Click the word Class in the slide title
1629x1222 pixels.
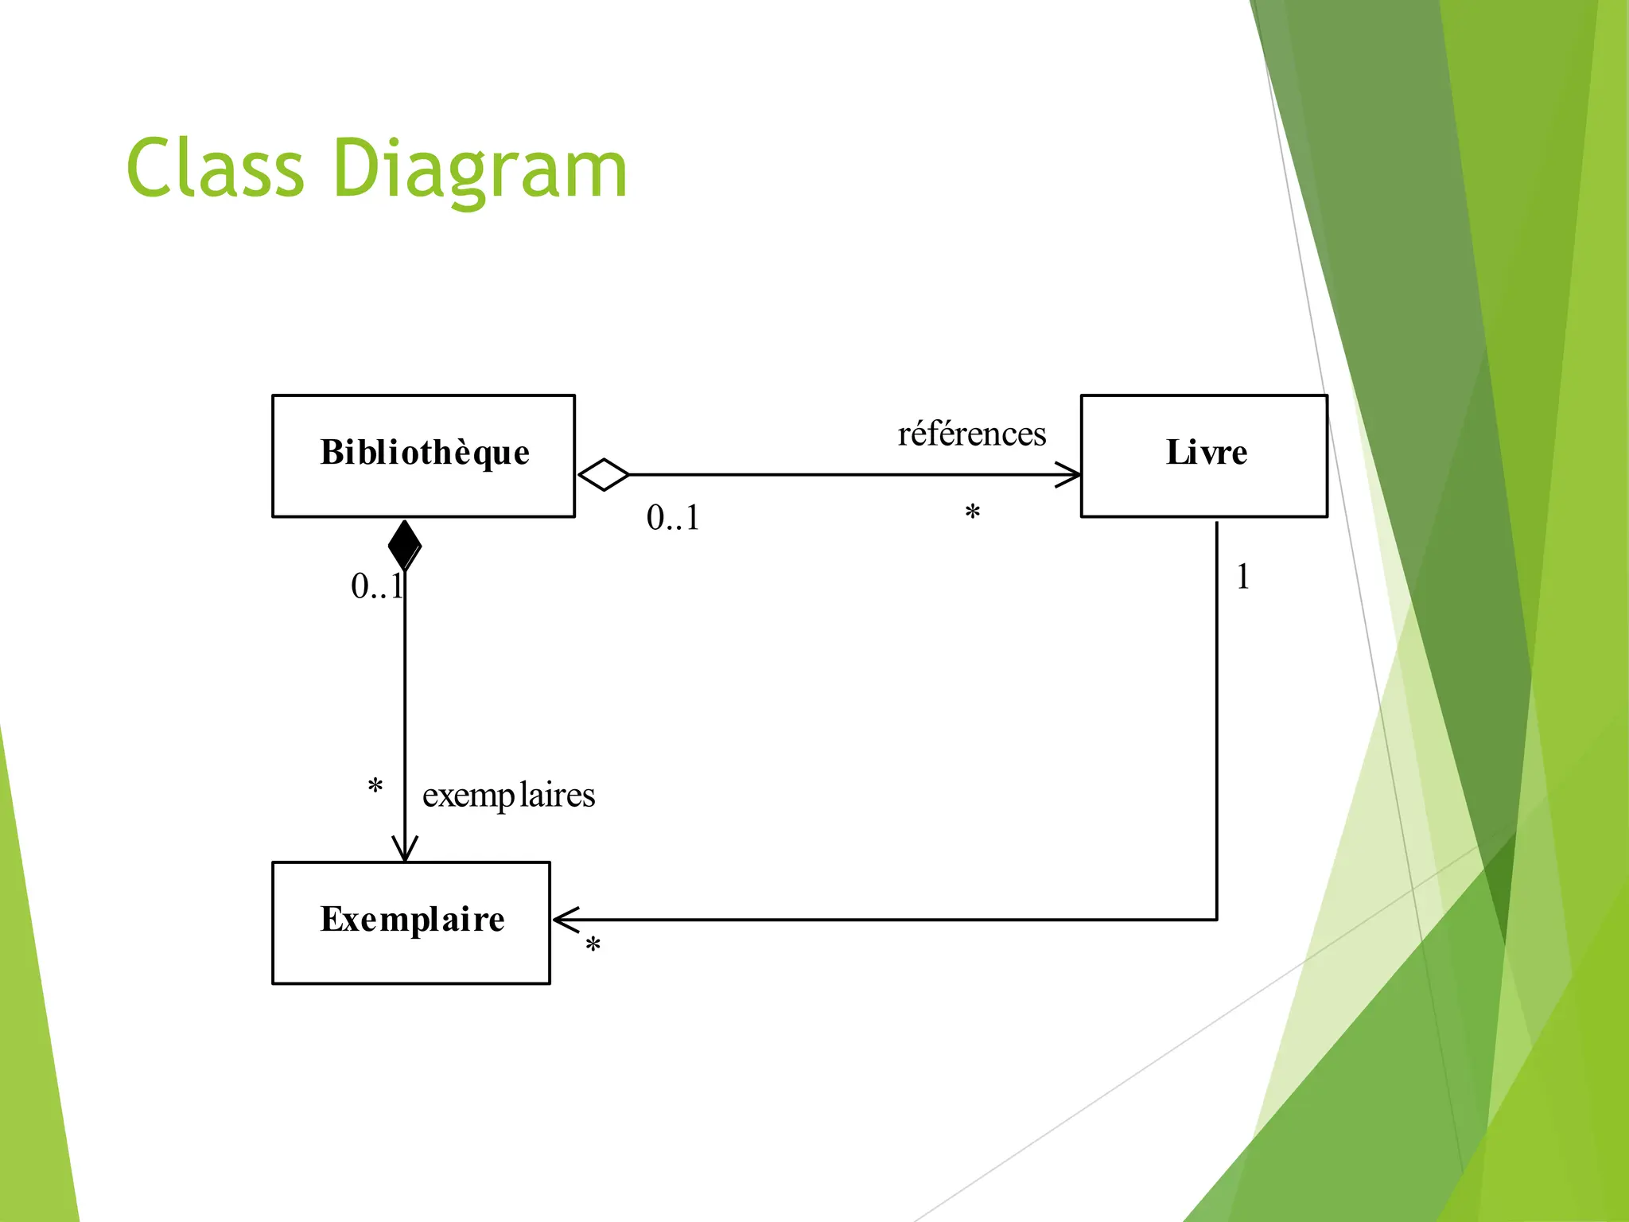215,169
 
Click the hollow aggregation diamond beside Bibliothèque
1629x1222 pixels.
604,475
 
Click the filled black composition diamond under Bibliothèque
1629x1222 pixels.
405,545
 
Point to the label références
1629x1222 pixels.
971,434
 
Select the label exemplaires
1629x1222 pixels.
508,795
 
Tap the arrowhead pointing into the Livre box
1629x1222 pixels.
1070,475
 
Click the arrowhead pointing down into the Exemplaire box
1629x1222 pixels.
405,850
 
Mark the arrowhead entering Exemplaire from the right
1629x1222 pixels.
564,920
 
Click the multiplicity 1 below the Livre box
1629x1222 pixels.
1242,577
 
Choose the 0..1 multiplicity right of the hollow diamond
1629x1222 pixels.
673,518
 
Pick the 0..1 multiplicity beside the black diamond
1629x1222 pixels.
376,586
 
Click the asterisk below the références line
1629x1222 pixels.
972,513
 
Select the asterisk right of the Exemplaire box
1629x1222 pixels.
593,946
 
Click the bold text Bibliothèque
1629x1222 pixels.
425,452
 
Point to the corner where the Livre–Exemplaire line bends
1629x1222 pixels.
1217,920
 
